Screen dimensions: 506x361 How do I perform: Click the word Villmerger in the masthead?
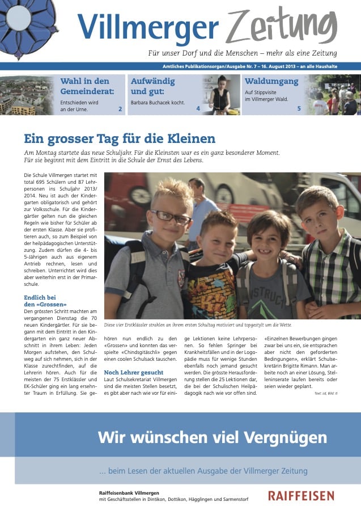point(148,27)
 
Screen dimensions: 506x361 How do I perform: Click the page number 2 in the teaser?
point(120,108)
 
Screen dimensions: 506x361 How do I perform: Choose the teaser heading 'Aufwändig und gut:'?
point(153,86)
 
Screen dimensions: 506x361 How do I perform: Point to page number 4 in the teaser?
point(198,108)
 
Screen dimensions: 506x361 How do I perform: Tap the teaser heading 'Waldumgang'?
point(271,81)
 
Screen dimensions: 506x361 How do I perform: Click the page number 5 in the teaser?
point(299,108)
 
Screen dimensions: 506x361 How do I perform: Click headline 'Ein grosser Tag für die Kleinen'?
point(120,138)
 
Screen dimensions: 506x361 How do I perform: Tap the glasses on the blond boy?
point(170,216)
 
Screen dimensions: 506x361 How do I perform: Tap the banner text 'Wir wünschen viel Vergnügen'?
point(212,437)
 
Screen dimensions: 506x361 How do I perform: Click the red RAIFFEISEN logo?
point(301,496)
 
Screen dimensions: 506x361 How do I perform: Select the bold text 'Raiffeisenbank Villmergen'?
point(129,492)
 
